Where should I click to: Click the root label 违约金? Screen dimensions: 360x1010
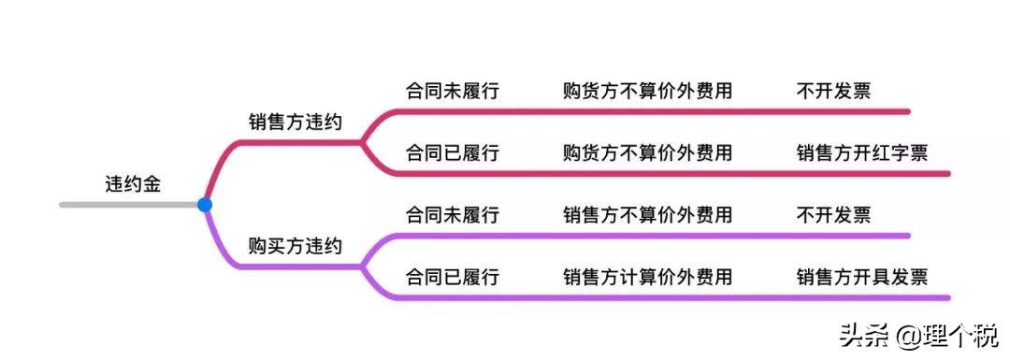coord(133,183)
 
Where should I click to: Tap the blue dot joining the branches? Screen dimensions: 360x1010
coord(204,204)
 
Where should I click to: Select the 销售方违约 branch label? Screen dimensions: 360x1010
coord(295,122)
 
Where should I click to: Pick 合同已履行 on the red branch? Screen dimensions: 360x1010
coord(452,152)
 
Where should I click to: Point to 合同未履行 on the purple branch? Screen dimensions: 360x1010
coord(452,214)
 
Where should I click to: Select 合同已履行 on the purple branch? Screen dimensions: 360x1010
coord(452,277)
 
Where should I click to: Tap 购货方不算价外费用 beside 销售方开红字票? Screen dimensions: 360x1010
coord(647,152)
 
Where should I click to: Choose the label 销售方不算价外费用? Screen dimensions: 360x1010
coord(647,214)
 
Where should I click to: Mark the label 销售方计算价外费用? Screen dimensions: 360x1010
coord(647,277)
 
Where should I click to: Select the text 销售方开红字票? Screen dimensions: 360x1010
coord(861,152)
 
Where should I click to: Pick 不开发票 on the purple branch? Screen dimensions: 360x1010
coord(833,214)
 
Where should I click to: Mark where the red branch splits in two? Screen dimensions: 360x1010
coord(363,142)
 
